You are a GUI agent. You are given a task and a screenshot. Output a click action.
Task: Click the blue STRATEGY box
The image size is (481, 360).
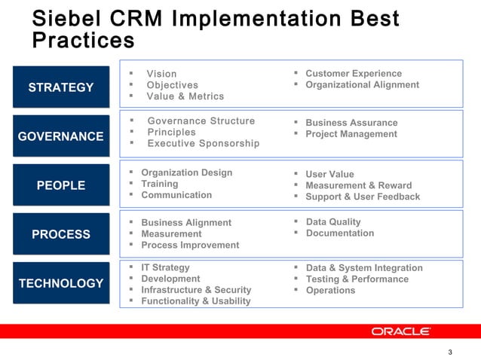[x=61, y=87]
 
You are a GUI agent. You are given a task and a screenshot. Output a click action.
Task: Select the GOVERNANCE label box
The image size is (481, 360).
[x=61, y=136]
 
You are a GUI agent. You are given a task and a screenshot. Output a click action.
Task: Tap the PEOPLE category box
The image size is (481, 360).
[x=61, y=185]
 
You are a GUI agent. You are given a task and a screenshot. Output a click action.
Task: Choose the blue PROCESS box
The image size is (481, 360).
[x=61, y=234]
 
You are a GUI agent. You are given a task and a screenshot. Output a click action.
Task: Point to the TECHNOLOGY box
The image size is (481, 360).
[x=61, y=283]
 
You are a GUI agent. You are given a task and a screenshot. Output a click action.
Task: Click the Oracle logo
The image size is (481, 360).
[x=400, y=331]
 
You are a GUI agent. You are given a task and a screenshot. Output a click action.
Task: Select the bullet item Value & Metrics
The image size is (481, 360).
[x=185, y=96]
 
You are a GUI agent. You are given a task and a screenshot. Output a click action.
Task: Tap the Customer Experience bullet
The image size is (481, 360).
[x=354, y=73]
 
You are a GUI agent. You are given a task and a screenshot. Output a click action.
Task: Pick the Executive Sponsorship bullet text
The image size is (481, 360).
[x=203, y=143]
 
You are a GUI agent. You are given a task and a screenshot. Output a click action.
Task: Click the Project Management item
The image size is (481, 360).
[x=351, y=134]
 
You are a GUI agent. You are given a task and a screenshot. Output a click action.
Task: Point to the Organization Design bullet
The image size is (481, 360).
[x=187, y=172]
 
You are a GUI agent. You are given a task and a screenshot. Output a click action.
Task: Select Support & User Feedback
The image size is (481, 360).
[x=363, y=197]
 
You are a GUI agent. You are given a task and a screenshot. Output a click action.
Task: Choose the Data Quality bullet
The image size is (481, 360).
[x=333, y=221]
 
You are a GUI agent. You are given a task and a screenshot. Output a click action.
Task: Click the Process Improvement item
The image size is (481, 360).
[x=190, y=245]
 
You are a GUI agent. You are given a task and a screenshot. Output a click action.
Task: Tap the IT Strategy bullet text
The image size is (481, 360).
[x=165, y=267]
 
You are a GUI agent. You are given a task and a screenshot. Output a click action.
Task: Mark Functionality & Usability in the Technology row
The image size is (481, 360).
[x=196, y=301]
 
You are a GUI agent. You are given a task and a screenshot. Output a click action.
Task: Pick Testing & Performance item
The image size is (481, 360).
[x=357, y=279]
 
